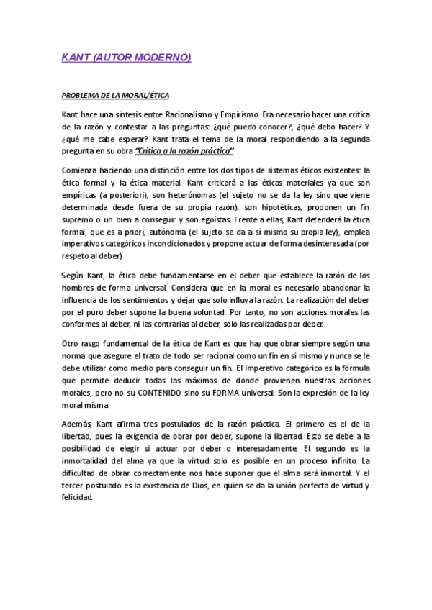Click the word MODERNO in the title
pyautogui.click(x=164, y=58)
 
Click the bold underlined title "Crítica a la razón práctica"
pyautogui.click(x=185, y=150)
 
